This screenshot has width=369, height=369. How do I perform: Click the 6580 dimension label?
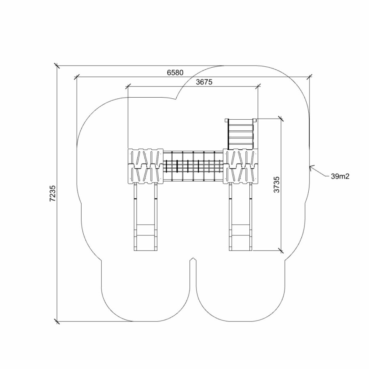[x=175, y=73]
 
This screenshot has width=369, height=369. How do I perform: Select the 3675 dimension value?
[x=204, y=82]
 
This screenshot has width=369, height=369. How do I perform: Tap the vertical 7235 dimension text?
[x=53, y=194]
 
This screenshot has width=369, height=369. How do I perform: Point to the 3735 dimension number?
[x=277, y=184]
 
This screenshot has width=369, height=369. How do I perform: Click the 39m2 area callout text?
[x=340, y=176]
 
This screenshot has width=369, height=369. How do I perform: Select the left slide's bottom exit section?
[x=146, y=237]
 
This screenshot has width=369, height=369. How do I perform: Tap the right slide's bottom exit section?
[x=241, y=237]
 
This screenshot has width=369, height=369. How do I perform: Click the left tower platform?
[x=146, y=166]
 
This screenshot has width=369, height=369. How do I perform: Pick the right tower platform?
[x=241, y=166]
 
